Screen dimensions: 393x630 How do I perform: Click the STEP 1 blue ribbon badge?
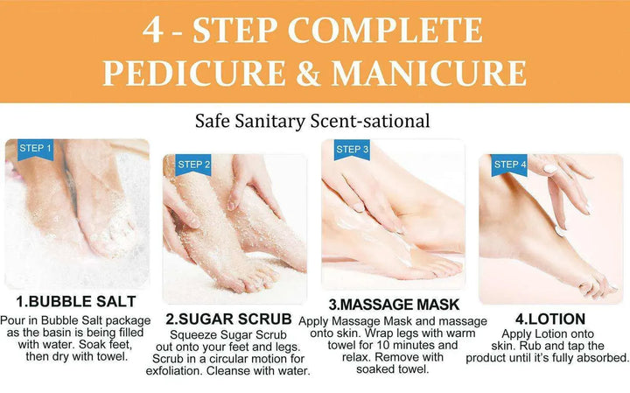(x=35, y=149)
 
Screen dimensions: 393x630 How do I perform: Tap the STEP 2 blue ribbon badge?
(x=193, y=165)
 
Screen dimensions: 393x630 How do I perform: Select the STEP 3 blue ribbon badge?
(x=352, y=150)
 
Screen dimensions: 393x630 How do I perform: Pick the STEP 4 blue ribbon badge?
(x=510, y=165)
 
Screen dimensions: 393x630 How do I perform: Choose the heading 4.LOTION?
(x=550, y=319)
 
